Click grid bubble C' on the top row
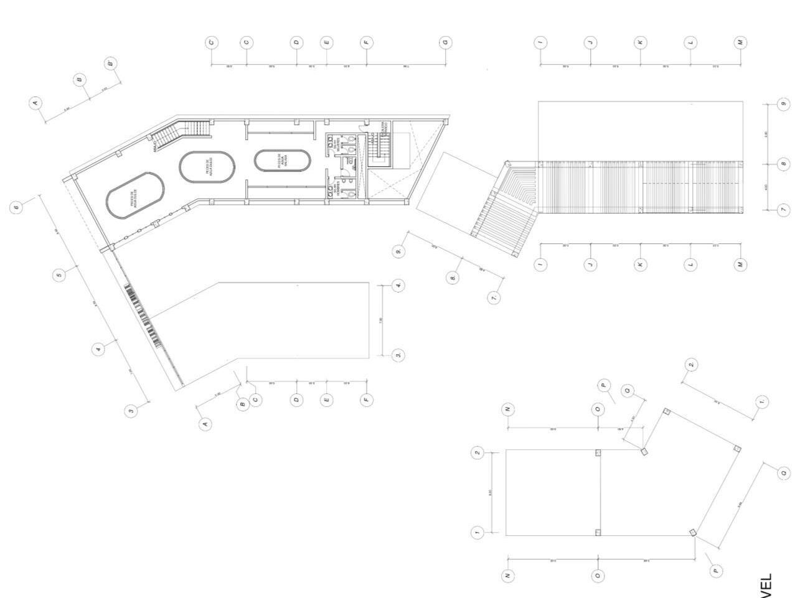pyautogui.click(x=212, y=42)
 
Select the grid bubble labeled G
pyautogui.click(x=445, y=42)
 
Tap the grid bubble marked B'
pyautogui.click(x=110, y=63)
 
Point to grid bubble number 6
pyautogui.click(x=17, y=207)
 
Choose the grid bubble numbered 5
pyautogui.click(x=59, y=274)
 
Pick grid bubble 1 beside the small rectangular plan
pyautogui.click(x=477, y=533)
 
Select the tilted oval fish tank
pyautogui.click(x=135, y=196)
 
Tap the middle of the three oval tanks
pyautogui.click(x=207, y=167)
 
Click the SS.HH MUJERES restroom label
pyautogui.click(x=335, y=144)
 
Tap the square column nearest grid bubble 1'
pyautogui.click(x=737, y=449)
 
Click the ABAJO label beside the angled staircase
pyautogui.click(x=154, y=147)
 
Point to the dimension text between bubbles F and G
pyautogui.click(x=406, y=67)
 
